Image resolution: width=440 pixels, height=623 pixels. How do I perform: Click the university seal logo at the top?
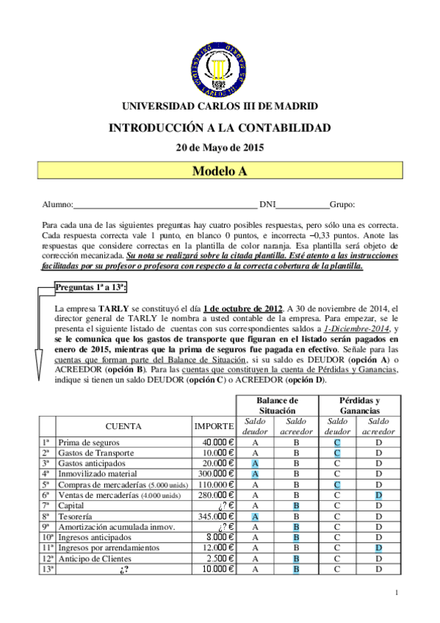pyautogui.click(x=220, y=64)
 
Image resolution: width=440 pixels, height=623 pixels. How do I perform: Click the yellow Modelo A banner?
pyautogui.click(x=220, y=171)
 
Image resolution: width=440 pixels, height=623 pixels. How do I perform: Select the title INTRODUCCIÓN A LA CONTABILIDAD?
pyautogui.click(x=220, y=127)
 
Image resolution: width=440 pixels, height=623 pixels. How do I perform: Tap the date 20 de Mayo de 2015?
pyautogui.click(x=220, y=147)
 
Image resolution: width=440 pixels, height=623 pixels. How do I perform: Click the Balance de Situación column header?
pyautogui.click(x=276, y=405)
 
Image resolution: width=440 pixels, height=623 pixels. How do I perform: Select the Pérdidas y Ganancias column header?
pyautogui.click(x=358, y=405)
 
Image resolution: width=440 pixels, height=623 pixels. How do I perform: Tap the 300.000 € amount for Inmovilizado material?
pyautogui.click(x=214, y=475)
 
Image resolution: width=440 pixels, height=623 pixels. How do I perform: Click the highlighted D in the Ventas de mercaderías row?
pyautogui.click(x=379, y=495)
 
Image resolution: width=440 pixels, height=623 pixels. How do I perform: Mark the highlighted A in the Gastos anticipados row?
pyautogui.click(x=256, y=464)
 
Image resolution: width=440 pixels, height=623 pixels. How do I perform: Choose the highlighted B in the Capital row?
pyautogui.click(x=296, y=506)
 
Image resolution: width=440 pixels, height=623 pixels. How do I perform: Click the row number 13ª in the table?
pyautogui.click(x=46, y=569)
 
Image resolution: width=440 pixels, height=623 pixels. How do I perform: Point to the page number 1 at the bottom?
pyautogui.click(x=396, y=593)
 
